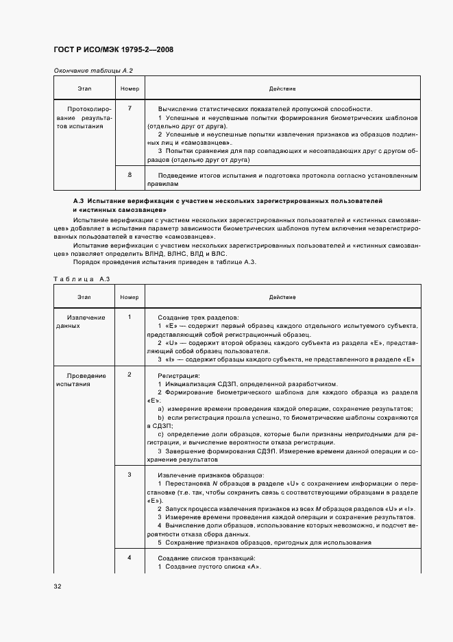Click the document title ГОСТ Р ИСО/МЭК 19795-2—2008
(113, 51)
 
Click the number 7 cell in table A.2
(130, 108)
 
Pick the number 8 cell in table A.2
(130, 176)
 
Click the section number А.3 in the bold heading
(79, 200)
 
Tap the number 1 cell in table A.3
(130, 316)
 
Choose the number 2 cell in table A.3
(130, 375)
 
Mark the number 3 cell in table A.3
(130, 475)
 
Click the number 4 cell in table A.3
(130, 558)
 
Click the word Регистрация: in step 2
(179, 376)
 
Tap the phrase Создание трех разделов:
(198, 317)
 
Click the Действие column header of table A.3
(282, 297)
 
